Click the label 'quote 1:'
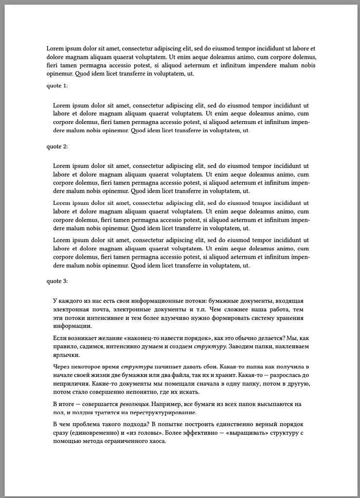coord(57,86)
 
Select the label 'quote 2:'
coord(57,146)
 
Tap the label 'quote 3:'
coord(57,281)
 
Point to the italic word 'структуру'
coord(210,347)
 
